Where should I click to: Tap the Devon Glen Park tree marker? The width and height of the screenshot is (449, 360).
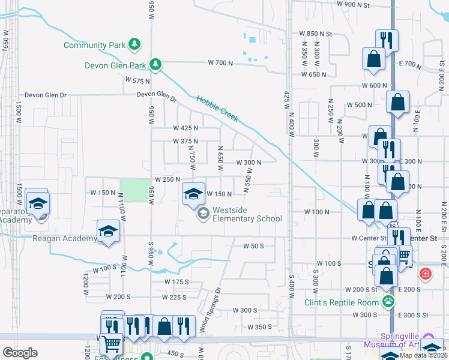coord(155,64)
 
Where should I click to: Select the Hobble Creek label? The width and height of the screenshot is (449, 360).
coord(217,109)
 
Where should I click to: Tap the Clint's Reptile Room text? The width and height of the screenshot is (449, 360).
coord(342,302)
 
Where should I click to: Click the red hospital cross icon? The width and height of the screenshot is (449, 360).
coord(426,274)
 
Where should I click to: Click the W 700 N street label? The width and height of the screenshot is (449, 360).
coord(220,62)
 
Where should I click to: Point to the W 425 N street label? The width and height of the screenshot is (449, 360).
coord(185,128)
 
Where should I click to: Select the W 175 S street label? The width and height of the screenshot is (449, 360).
coord(177,281)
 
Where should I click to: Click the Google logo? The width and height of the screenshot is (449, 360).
coord(20,352)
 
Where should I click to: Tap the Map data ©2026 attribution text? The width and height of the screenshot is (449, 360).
coord(422,355)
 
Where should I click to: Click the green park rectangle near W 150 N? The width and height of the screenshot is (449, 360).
coord(135,191)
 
